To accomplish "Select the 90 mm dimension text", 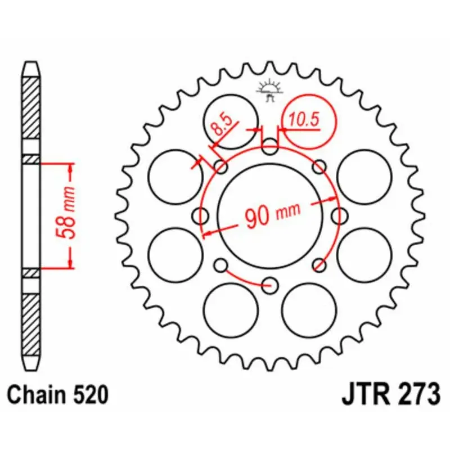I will [272, 214].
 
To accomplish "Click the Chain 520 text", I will [58, 395].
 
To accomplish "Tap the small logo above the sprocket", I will [268, 90].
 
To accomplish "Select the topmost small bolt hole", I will [271, 149].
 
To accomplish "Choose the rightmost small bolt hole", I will [339, 215].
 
